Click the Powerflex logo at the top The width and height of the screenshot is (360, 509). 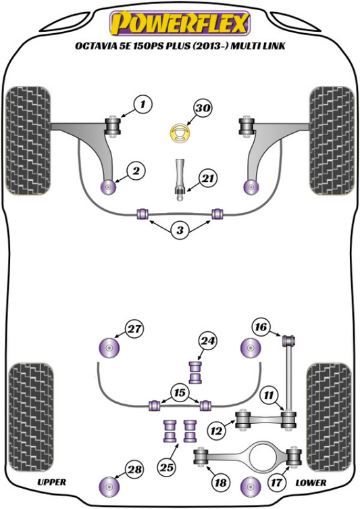tap(180, 23)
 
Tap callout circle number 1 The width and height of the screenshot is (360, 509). tap(142, 105)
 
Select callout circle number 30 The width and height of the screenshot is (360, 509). tap(203, 107)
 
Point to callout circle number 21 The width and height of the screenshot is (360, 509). tap(208, 178)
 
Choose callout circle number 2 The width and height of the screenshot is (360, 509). tap(136, 170)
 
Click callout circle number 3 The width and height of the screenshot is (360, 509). tap(180, 230)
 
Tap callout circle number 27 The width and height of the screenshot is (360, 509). tap(134, 329)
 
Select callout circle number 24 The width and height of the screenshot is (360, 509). tap(207, 341)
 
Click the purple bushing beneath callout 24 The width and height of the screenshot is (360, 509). tap(195, 372)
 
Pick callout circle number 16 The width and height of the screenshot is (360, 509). tap(261, 327)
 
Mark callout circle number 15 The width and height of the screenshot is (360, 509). tap(180, 393)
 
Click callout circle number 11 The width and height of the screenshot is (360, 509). tap(269, 395)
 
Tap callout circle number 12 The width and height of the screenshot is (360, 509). tap(216, 431)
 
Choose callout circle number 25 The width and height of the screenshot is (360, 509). tap(167, 467)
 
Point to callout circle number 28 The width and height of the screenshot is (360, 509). tap(135, 469)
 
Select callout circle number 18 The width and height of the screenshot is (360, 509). tap(221, 483)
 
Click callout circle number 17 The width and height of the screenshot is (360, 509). tap(276, 483)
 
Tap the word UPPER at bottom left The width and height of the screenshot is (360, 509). tap(51, 482)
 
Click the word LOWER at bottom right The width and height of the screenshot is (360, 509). tap(311, 483)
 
